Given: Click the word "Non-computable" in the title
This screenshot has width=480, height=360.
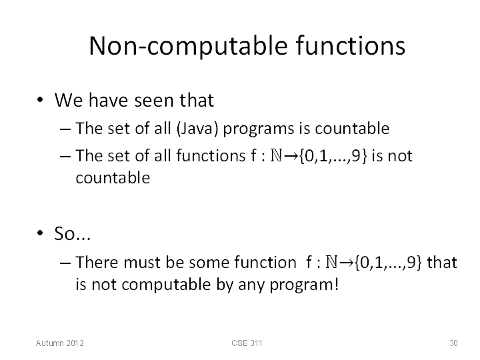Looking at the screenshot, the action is [189, 47].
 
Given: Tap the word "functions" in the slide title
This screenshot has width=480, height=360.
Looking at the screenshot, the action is [351, 45].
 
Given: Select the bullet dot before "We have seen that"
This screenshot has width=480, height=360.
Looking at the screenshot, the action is [40, 100].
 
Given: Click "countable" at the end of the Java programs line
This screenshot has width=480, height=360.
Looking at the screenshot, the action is [352, 128].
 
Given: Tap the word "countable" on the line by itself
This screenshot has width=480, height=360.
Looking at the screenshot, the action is [113, 177].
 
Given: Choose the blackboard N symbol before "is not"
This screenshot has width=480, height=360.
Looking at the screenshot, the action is [276, 155].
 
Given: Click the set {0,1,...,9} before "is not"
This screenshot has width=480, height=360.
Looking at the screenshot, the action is [333, 156].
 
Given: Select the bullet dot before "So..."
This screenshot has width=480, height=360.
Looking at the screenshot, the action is [40, 233].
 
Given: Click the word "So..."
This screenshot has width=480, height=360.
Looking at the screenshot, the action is [72, 233].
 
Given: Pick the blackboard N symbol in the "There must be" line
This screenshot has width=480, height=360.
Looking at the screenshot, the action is [331, 263].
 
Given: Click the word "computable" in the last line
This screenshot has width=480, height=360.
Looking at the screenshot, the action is [166, 285].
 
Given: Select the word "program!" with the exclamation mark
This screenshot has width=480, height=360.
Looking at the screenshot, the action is [304, 285].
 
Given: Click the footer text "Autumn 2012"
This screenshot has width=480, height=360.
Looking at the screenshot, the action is [60, 343].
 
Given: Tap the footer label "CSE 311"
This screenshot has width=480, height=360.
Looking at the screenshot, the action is [247, 343].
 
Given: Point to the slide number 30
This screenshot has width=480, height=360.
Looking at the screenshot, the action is [453, 343].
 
